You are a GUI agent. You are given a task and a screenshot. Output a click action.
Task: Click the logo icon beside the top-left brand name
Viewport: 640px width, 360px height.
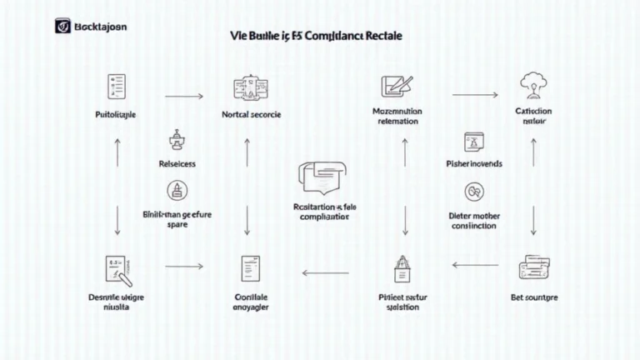click(x=61, y=26)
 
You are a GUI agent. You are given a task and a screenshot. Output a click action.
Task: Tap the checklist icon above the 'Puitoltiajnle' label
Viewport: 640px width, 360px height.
click(x=116, y=85)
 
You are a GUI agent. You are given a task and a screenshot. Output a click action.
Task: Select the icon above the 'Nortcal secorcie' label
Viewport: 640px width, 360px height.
click(x=247, y=87)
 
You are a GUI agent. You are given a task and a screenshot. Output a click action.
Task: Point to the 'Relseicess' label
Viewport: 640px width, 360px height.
click(x=177, y=164)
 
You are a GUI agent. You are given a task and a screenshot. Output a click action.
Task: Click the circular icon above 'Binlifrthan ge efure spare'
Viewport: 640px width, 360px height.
click(x=177, y=190)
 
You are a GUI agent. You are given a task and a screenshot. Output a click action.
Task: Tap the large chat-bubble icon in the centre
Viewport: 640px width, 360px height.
click(x=319, y=177)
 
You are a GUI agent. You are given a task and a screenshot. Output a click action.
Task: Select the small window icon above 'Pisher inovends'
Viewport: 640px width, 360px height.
click(x=474, y=140)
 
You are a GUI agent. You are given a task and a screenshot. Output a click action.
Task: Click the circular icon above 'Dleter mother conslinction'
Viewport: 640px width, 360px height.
click(x=472, y=192)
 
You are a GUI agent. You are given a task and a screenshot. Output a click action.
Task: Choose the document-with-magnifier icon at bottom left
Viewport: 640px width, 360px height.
click(x=116, y=268)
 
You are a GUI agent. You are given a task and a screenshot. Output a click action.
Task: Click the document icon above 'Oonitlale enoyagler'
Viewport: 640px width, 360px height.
click(x=247, y=268)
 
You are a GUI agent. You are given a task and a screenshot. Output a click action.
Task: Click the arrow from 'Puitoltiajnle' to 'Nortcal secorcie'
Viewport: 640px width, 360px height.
click(x=184, y=97)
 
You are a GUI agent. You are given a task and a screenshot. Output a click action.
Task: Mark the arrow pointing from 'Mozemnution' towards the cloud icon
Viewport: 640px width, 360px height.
click(x=475, y=96)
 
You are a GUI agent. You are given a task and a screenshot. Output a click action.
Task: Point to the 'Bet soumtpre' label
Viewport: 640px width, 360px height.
click(x=534, y=297)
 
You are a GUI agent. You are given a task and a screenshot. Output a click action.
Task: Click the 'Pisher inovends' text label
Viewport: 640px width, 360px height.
click(x=474, y=164)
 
